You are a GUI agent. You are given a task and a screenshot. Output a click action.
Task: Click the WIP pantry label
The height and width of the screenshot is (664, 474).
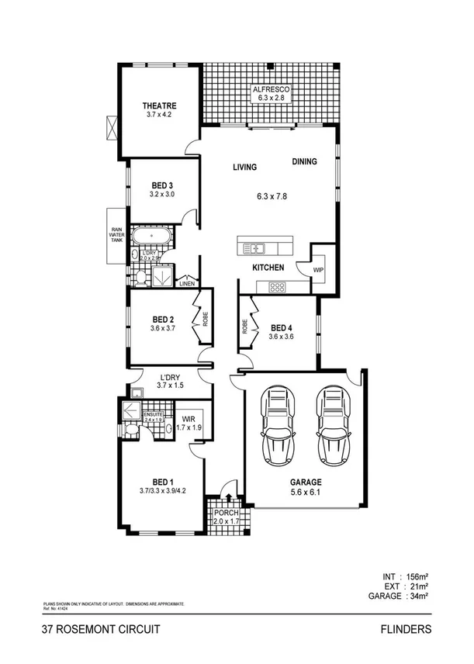pyautogui.click(x=318, y=271)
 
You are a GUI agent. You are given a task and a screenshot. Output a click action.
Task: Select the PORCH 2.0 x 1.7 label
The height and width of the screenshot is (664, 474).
pyautogui.click(x=227, y=517)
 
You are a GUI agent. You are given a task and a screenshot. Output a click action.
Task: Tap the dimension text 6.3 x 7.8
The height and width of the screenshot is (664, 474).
pyautogui.click(x=272, y=196)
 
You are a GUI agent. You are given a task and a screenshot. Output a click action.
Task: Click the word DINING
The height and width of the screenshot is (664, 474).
pyautogui.click(x=305, y=162)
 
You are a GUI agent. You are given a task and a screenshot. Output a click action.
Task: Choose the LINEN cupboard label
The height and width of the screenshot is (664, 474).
pyautogui.click(x=187, y=284)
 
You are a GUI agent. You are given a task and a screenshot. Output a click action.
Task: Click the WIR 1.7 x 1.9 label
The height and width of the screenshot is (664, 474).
pyautogui.click(x=189, y=423)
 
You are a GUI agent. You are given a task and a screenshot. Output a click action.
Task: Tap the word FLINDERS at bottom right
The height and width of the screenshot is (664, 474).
pyautogui.click(x=406, y=630)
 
